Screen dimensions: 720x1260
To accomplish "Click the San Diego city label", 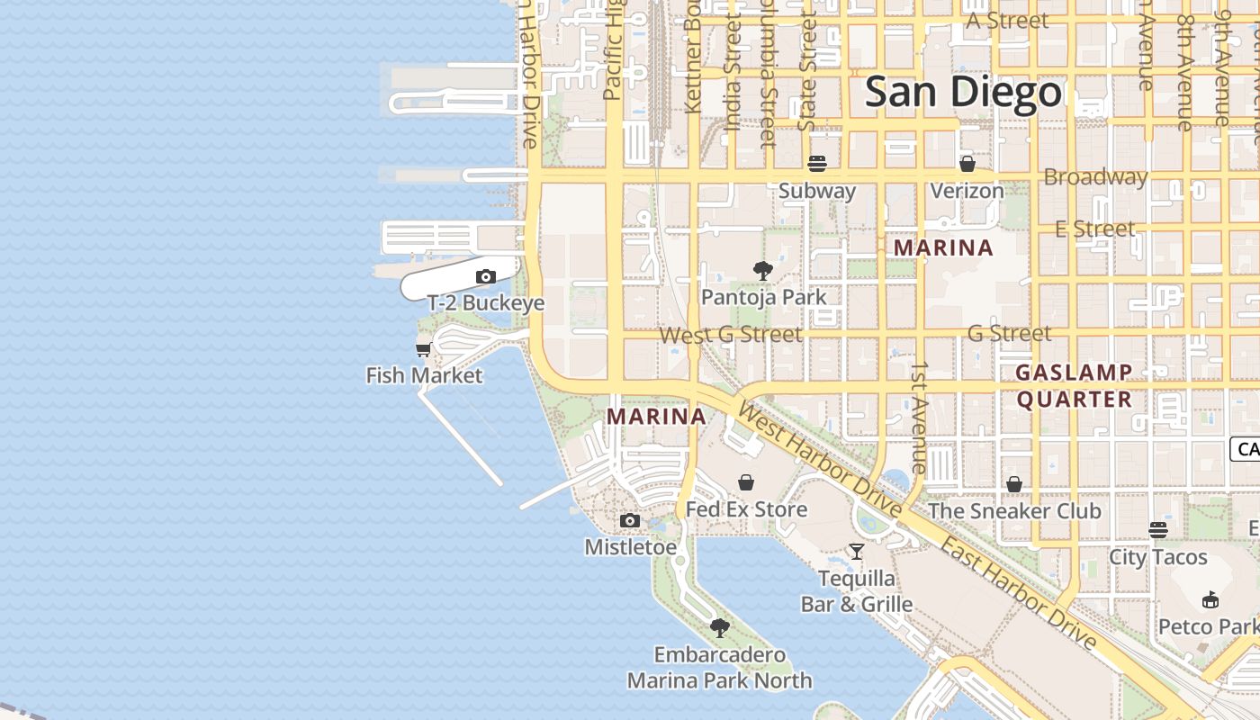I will [964, 93].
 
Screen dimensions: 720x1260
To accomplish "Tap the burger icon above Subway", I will [817, 164].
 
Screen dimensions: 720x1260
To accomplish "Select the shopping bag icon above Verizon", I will [967, 164].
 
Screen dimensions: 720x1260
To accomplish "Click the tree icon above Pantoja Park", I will [763, 270].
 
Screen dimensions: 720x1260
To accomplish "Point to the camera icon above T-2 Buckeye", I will [486, 276].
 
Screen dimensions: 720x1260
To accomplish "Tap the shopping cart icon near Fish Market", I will [424, 349].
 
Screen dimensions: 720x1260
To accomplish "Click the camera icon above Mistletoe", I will [630, 520].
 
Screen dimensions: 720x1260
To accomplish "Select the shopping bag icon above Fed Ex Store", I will [746, 482].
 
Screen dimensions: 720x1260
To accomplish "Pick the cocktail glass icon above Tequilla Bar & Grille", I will [857, 551].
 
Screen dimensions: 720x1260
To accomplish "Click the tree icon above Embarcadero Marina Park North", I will [719, 628].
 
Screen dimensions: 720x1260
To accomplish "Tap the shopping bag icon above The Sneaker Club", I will [1014, 484].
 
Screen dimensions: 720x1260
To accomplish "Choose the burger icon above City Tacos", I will [1157, 530].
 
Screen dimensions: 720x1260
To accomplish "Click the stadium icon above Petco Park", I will [1210, 599].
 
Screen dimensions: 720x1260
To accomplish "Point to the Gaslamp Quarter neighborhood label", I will [1074, 386].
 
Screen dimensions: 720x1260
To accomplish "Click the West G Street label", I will [731, 335].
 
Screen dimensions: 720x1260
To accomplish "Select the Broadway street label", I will [1095, 177].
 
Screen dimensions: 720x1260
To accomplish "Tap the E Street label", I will [1095, 229].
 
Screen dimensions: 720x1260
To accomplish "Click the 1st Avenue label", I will [919, 418].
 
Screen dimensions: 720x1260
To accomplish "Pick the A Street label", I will [1007, 21].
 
